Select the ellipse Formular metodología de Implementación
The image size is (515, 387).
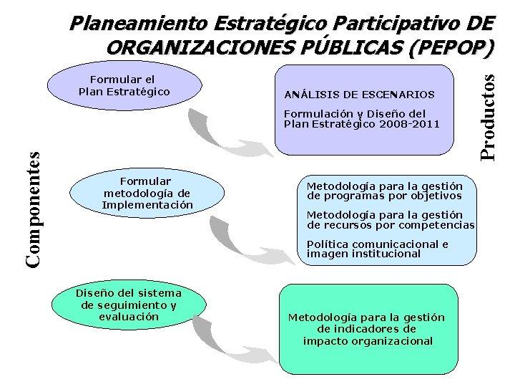(147, 193)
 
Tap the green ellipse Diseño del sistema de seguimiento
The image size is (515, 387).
(129, 305)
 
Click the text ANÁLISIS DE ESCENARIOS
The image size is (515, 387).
(359, 95)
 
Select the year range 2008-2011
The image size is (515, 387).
(406, 124)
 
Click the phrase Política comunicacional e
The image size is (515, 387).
(377, 244)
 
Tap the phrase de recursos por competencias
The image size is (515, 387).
(391, 225)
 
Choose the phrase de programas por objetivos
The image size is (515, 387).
(384, 196)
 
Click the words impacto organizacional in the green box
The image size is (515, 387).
(368, 340)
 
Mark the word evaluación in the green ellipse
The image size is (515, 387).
(129, 316)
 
